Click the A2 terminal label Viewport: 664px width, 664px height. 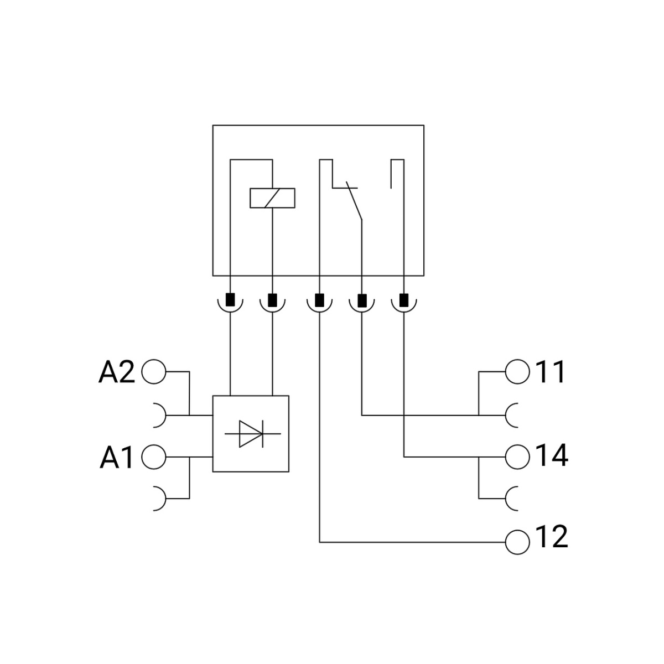(117, 372)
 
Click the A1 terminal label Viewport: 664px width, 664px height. (117, 458)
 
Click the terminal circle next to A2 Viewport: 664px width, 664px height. (154, 372)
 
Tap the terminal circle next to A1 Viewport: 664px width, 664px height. (154, 458)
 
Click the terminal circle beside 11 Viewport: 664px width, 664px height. (517, 372)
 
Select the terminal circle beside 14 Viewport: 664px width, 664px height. (517, 457)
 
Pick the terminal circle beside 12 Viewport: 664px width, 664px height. (517, 542)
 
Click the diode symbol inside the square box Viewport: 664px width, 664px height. (252, 433)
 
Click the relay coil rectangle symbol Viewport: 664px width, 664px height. (272, 198)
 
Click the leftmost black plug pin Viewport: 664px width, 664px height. (230, 300)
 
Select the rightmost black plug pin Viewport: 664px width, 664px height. (404, 300)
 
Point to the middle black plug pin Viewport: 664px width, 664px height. (319, 300)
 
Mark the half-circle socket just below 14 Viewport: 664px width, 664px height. (512, 498)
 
